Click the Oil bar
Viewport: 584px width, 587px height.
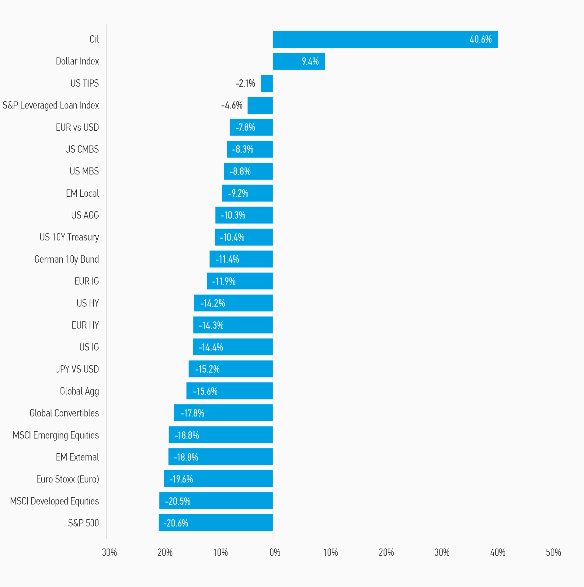coord(385,40)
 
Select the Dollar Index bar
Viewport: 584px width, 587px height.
coord(299,61)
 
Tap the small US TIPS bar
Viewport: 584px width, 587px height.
coord(267,83)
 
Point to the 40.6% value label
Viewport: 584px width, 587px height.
coord(480,40)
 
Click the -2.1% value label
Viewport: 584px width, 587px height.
coord(245,83)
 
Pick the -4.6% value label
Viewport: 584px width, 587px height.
coord(232,105)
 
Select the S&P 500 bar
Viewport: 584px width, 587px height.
coord(216,523)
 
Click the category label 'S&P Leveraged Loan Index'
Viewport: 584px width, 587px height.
coord(51,105)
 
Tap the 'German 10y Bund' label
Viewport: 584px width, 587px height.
coord(67,259)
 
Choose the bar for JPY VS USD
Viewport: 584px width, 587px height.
coord(231,369)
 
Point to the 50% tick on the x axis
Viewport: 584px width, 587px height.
coord(553,552)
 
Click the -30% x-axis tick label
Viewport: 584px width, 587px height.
coord(108,552)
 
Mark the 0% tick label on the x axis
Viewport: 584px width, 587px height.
coord(275,552)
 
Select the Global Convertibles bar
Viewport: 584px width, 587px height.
coord(223,413)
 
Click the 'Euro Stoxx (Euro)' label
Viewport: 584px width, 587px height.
coord(68,479)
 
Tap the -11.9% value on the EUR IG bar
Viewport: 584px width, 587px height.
coord(224,281)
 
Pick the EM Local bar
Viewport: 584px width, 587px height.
coord(247,193)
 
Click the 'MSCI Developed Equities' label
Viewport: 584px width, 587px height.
coord(54,501)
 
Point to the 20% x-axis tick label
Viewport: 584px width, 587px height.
coord(386,552)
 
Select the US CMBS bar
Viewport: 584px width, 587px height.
coord(250,149)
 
